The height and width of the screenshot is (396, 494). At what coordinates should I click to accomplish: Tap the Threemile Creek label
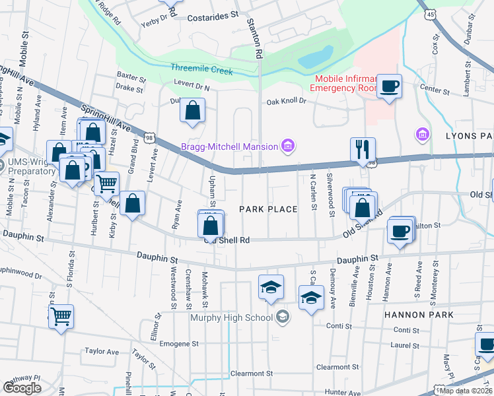click(201, 69)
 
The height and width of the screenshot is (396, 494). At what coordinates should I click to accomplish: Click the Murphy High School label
click(231, 318)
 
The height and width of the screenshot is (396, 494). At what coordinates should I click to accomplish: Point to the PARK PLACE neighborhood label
click(267, 209)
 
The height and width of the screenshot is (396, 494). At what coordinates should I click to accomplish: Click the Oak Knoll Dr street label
click(287, 101)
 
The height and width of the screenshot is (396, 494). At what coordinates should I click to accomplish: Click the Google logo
click(22, 387)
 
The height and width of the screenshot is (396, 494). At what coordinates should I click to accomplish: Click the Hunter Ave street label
click(342, 392)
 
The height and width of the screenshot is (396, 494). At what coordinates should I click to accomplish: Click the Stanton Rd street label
click(255, 36)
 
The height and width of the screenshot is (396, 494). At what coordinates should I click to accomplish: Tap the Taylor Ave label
click(101, 352)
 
